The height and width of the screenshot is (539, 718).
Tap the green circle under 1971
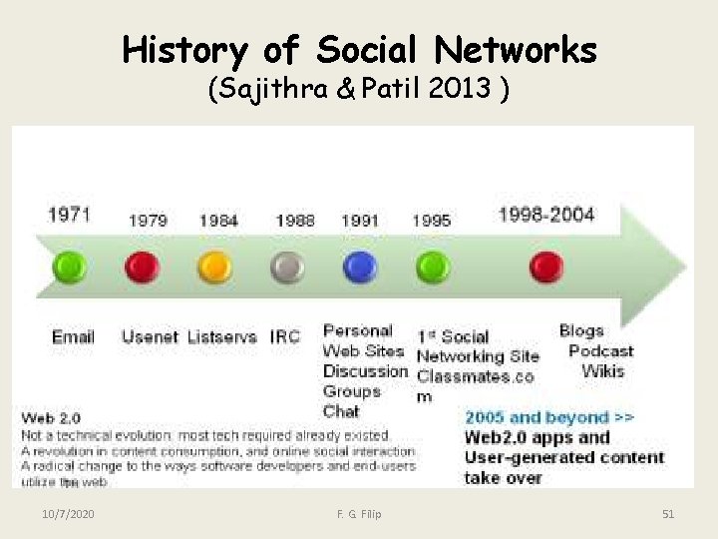pyautogui.click(x=69, y=267)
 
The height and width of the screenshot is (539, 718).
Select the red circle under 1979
pyautogui.click(x=142, y=267)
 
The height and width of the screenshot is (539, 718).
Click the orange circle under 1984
pyautogui.click(x=214, y=267)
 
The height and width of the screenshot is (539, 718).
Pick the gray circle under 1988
pyautogui.click(x=287, y=267)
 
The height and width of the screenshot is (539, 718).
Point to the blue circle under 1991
pyautogui.click(x=359, y=267)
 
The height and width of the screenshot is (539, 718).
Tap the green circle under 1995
pyautogui.click(x=432, y=267)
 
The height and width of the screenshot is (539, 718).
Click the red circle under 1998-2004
pyautogui.click(x=545, y=267)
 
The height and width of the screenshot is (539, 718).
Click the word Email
pyautogui.click(x=73, y=337)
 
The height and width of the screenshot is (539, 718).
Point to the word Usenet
pyautogui.click(x=151, y=337)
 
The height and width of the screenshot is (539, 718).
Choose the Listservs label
pyautogui.click(x=222, y=337)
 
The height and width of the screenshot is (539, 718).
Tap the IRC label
pyautogui.click(x=285, y=337)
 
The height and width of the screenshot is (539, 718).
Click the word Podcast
pyautogui.click(x=600, y=351)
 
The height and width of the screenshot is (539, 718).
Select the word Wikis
pyautogui.click(x=602, y=371)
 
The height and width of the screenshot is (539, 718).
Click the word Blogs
pyautogui.click(x=581, y=330)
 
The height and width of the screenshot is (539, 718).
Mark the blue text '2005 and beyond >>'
pyautogui.click(x=549, y=417)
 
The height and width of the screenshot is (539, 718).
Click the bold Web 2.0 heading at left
pyautogui.click(x=51, y=418)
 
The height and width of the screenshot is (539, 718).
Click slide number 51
pyautogui.click(x=668, y=514)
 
